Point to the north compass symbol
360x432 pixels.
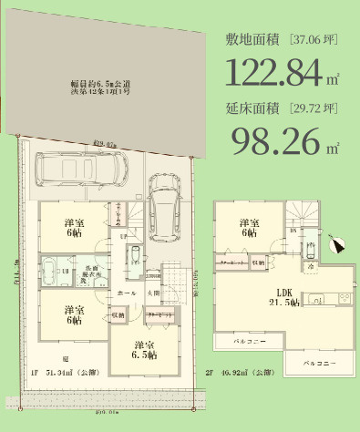tap(336, 244)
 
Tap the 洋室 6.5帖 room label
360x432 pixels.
tap(140, 351)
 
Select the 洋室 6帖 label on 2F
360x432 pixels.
tap(248, 228)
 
